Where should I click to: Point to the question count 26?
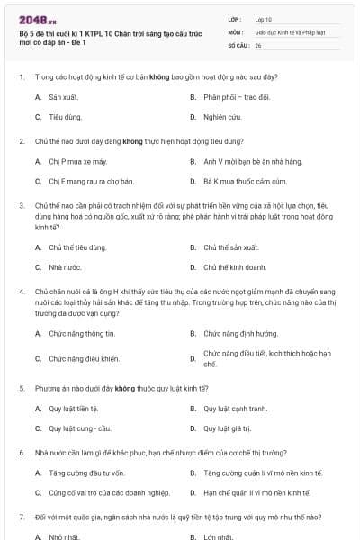pos(258,43)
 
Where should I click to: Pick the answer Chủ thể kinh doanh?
pos(234,267)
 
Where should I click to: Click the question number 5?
pos(21,387)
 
